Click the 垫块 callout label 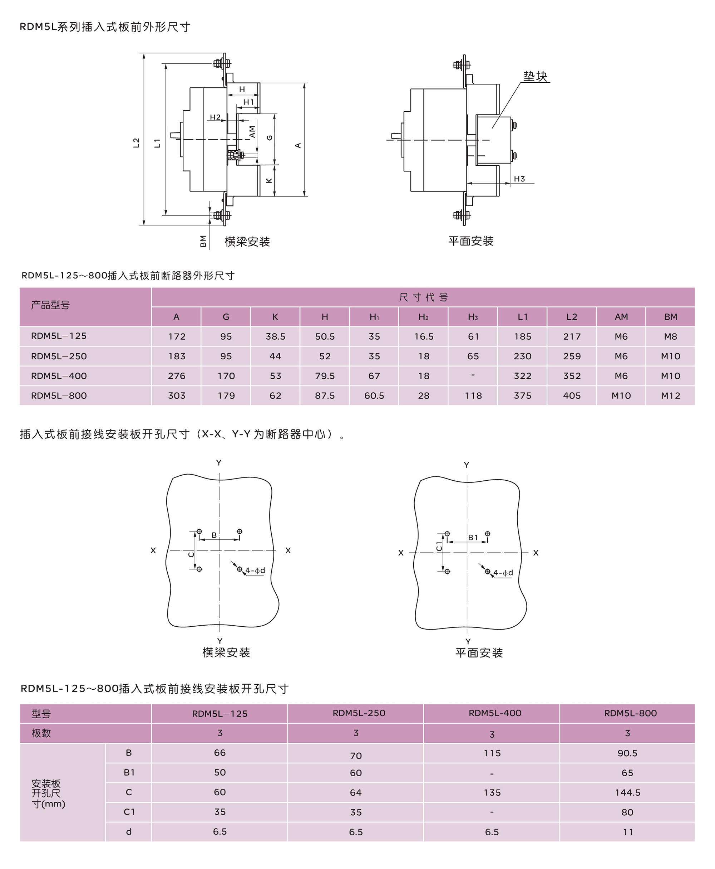click(x=535, y=76)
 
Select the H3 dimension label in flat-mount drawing click(x=519, y=179)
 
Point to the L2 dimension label click(x=136, y=143)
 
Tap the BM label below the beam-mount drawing click(x=203, y=241)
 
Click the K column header click(x=275, y=317)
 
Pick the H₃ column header click(x=473, y=317)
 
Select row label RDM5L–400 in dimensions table click(x=59, y=376)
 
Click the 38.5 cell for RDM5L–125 click(x=275, y=336)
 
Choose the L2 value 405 click(x=572, y=396)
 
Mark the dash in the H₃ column click(x=473, y=375)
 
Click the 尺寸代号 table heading click(x=423, y=297)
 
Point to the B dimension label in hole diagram click(x=214, y=535)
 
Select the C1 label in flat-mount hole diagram click(x=439, y=547)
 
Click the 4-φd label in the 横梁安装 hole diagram click(x=255, y=571)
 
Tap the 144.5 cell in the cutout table click(x=627, y=793)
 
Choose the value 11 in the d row click(x=627, y=832)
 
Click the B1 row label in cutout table click(x=129, y=772)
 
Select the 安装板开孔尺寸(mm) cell click(x=48, y=793)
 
